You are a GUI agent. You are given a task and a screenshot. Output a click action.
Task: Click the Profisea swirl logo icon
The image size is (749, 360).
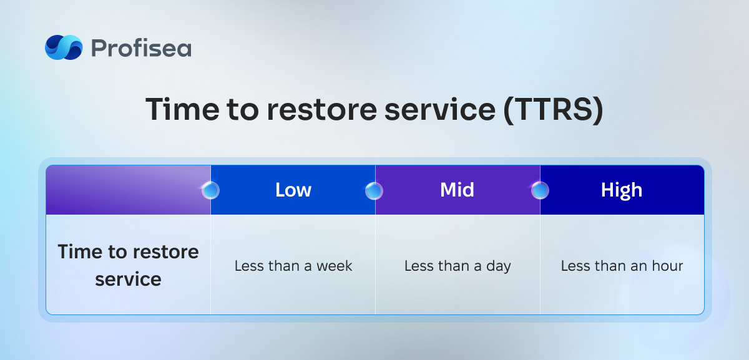[x=64, y=47]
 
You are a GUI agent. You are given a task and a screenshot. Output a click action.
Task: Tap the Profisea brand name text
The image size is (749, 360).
[x=142, y=48]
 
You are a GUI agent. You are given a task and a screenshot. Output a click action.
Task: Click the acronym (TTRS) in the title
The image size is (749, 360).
[x=554, y=110]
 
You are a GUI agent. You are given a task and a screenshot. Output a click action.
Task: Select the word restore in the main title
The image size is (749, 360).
[x=321, y=110]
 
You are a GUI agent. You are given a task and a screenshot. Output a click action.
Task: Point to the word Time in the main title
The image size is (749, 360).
[x=182, y=109]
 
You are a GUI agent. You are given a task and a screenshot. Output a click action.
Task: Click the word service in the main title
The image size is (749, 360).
[x=439, y=109]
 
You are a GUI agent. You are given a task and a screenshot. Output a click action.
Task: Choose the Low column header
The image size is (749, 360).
[x=293, y=190]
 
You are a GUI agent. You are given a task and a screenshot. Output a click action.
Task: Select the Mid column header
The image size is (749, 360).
[x=457, y=190]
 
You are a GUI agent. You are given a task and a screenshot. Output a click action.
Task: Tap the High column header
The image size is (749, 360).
[x=622, y=190]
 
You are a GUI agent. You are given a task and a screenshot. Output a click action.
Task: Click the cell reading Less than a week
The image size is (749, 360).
[x=293, y=266]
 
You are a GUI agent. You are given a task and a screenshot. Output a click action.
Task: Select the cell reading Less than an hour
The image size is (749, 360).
[x=622, y=266]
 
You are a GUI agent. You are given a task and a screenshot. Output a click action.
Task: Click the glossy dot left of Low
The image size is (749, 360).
[x=211, y=190]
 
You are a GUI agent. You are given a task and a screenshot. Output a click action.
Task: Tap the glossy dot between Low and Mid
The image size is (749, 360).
[x=374, y=190]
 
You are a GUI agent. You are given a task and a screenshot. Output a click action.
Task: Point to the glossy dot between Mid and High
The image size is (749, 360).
[x=540, y=190]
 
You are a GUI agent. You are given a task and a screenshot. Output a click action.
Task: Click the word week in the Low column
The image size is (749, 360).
[x=335, y=266]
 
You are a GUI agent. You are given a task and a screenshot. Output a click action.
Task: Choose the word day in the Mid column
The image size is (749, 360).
[x=499, y=267]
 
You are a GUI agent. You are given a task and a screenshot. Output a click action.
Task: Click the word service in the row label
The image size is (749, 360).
[x=128, y=280]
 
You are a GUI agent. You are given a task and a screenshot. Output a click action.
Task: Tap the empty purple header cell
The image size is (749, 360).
[x=129, y=190]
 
